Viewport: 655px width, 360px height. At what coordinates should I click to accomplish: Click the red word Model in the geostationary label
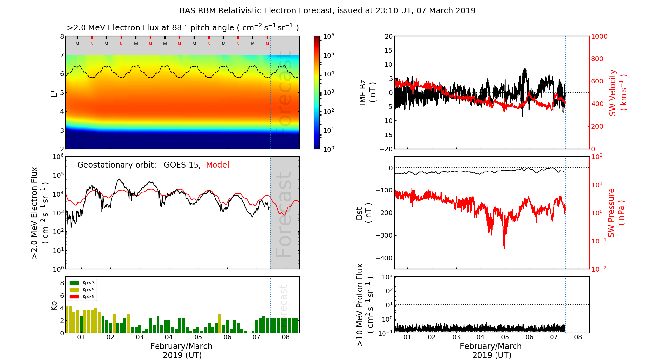tap(217, 165)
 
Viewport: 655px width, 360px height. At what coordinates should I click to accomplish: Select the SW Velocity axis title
tap(618, 93)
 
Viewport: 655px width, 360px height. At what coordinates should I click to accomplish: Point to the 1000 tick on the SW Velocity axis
tap(599, 36)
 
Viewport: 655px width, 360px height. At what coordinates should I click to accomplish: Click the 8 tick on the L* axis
tap(62, 36)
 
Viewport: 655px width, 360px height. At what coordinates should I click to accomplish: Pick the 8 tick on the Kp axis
tap(62, 283)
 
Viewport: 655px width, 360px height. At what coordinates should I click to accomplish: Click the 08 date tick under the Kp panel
tap(286, 337)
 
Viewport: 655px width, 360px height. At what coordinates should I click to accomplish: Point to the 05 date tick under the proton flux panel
tap(505, 337)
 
